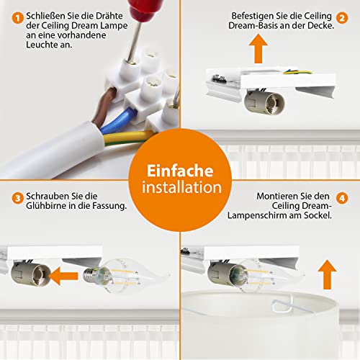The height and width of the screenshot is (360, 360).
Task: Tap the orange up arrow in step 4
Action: tap(327, 274)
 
